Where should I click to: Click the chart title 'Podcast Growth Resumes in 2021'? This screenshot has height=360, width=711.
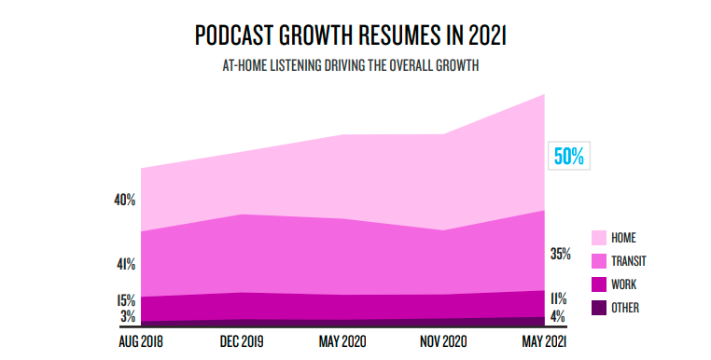[x=355, y=36]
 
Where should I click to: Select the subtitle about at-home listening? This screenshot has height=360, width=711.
[x=355, y=66]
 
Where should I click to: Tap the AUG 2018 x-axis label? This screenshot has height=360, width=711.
[x=141, y=341]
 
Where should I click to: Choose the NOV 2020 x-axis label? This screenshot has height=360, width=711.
[x=442, y=341]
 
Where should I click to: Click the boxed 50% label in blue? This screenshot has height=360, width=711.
[x=569, y=157]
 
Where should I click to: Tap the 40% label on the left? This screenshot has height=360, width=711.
[x=126, y=200]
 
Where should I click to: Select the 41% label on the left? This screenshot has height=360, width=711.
[x=126, y=264]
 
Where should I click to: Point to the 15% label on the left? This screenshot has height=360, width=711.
[x=126, y=300]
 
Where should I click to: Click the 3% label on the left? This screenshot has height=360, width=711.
[x=128, y=316]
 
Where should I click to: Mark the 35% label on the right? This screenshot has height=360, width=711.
[x=561, y=253]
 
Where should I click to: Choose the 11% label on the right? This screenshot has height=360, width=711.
[x=559, y=299]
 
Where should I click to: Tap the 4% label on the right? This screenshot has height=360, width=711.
[x=558, y=316]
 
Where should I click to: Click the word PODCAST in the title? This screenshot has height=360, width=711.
[x=232, y=36]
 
